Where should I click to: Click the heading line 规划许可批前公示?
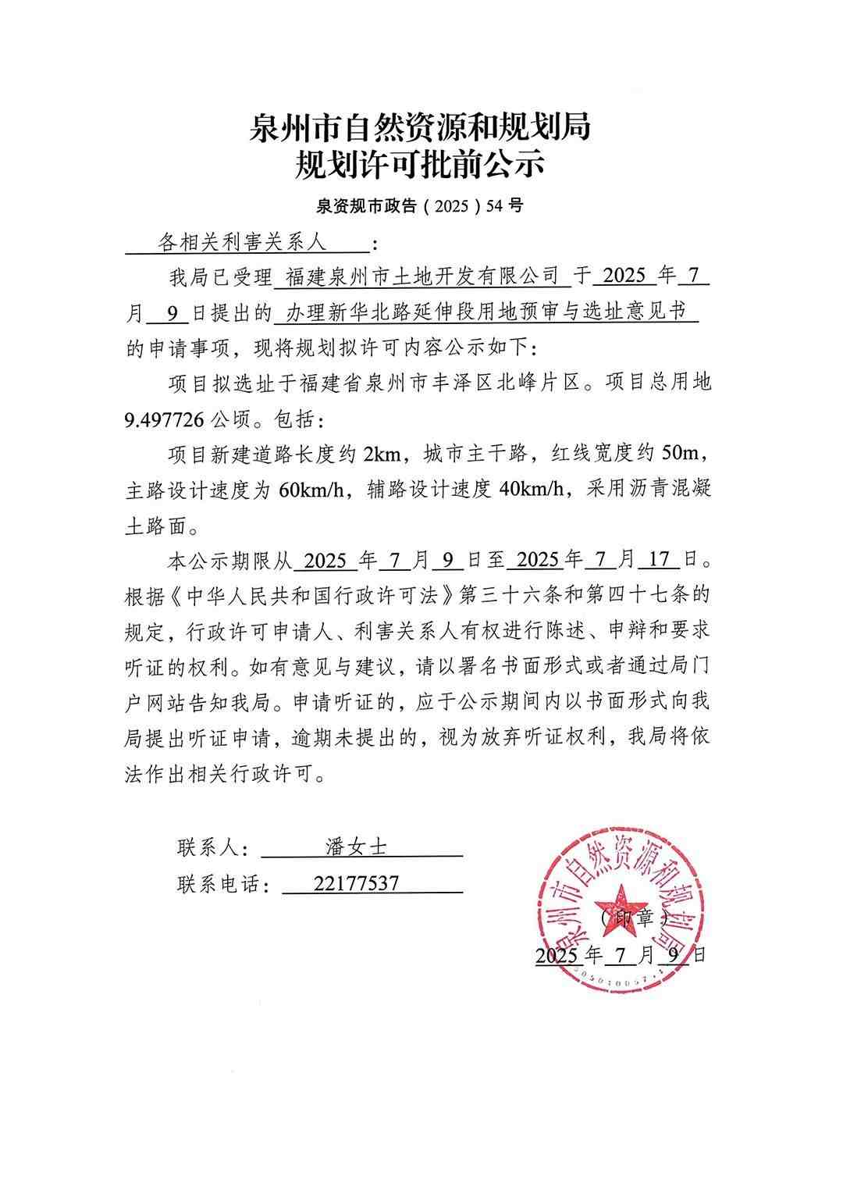[419, 166]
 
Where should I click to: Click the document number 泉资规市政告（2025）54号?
[420, 206]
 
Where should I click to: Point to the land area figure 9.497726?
[165, 420]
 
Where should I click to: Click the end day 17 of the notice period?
[660, 560]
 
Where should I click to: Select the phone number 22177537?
[356, 883]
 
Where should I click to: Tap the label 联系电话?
[222, 884]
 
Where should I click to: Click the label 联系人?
[211, 848]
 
